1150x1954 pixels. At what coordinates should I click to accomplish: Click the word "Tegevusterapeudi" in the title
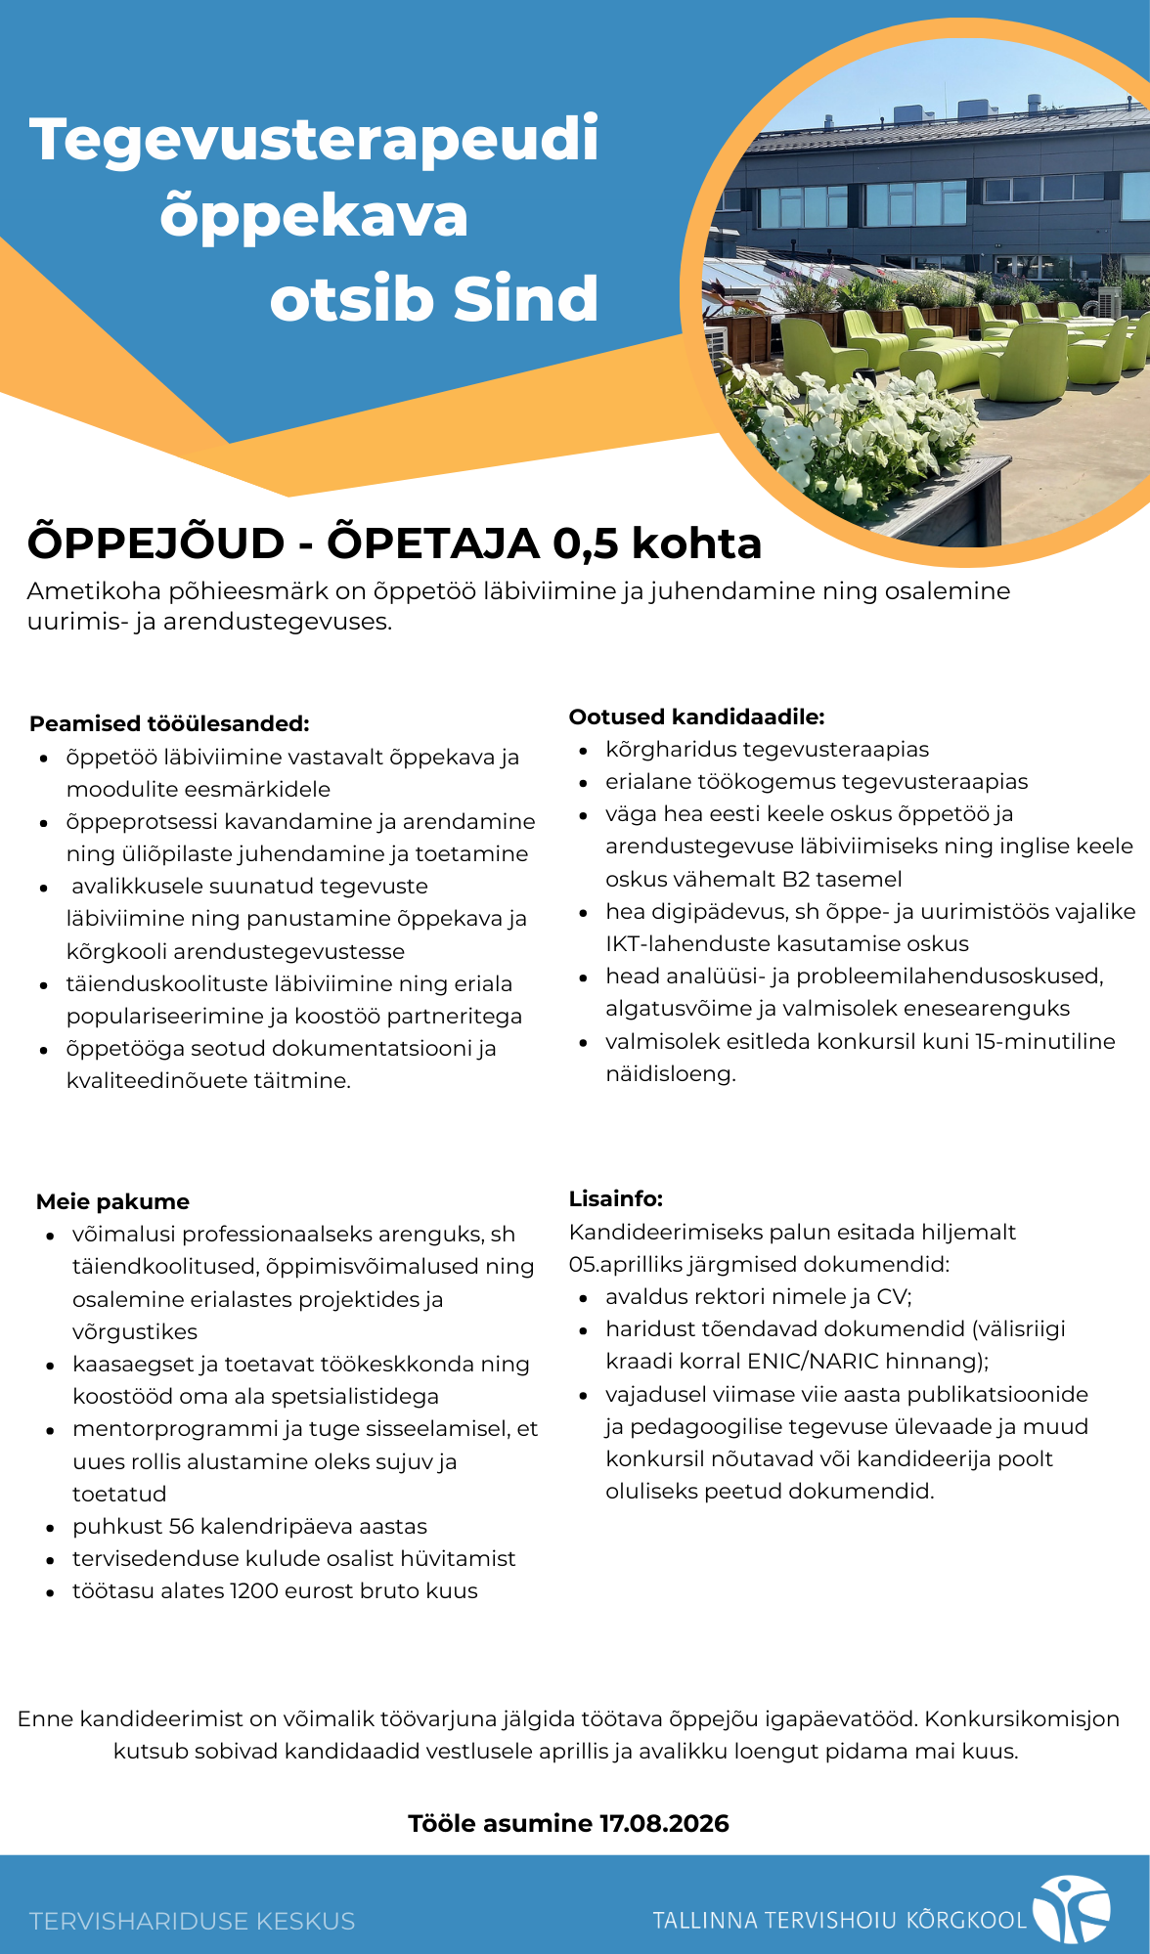(x=314, y=140)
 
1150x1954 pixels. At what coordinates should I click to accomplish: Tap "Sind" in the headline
(x=526, y=299)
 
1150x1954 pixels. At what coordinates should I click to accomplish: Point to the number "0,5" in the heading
(x=585, y=543)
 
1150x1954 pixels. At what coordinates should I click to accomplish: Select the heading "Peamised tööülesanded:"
(x=169, y=724)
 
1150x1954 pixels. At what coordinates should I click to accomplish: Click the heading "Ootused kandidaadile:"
(x=696, y=717)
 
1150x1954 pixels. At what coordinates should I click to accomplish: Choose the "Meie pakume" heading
(x=112, y=1202)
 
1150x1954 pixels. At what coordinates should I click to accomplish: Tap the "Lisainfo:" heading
(x=616, y=1199)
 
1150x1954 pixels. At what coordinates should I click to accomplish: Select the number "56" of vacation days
(x=182, y=1527)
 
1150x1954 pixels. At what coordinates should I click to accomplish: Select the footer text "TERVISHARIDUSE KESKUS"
(x=192, y=1922)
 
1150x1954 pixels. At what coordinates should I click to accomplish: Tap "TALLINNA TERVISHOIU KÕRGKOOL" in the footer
(x=839, y=1921)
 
